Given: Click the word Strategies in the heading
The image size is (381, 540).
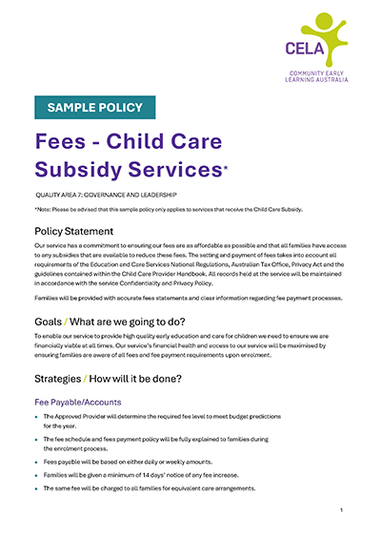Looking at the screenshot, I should (70, 379).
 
